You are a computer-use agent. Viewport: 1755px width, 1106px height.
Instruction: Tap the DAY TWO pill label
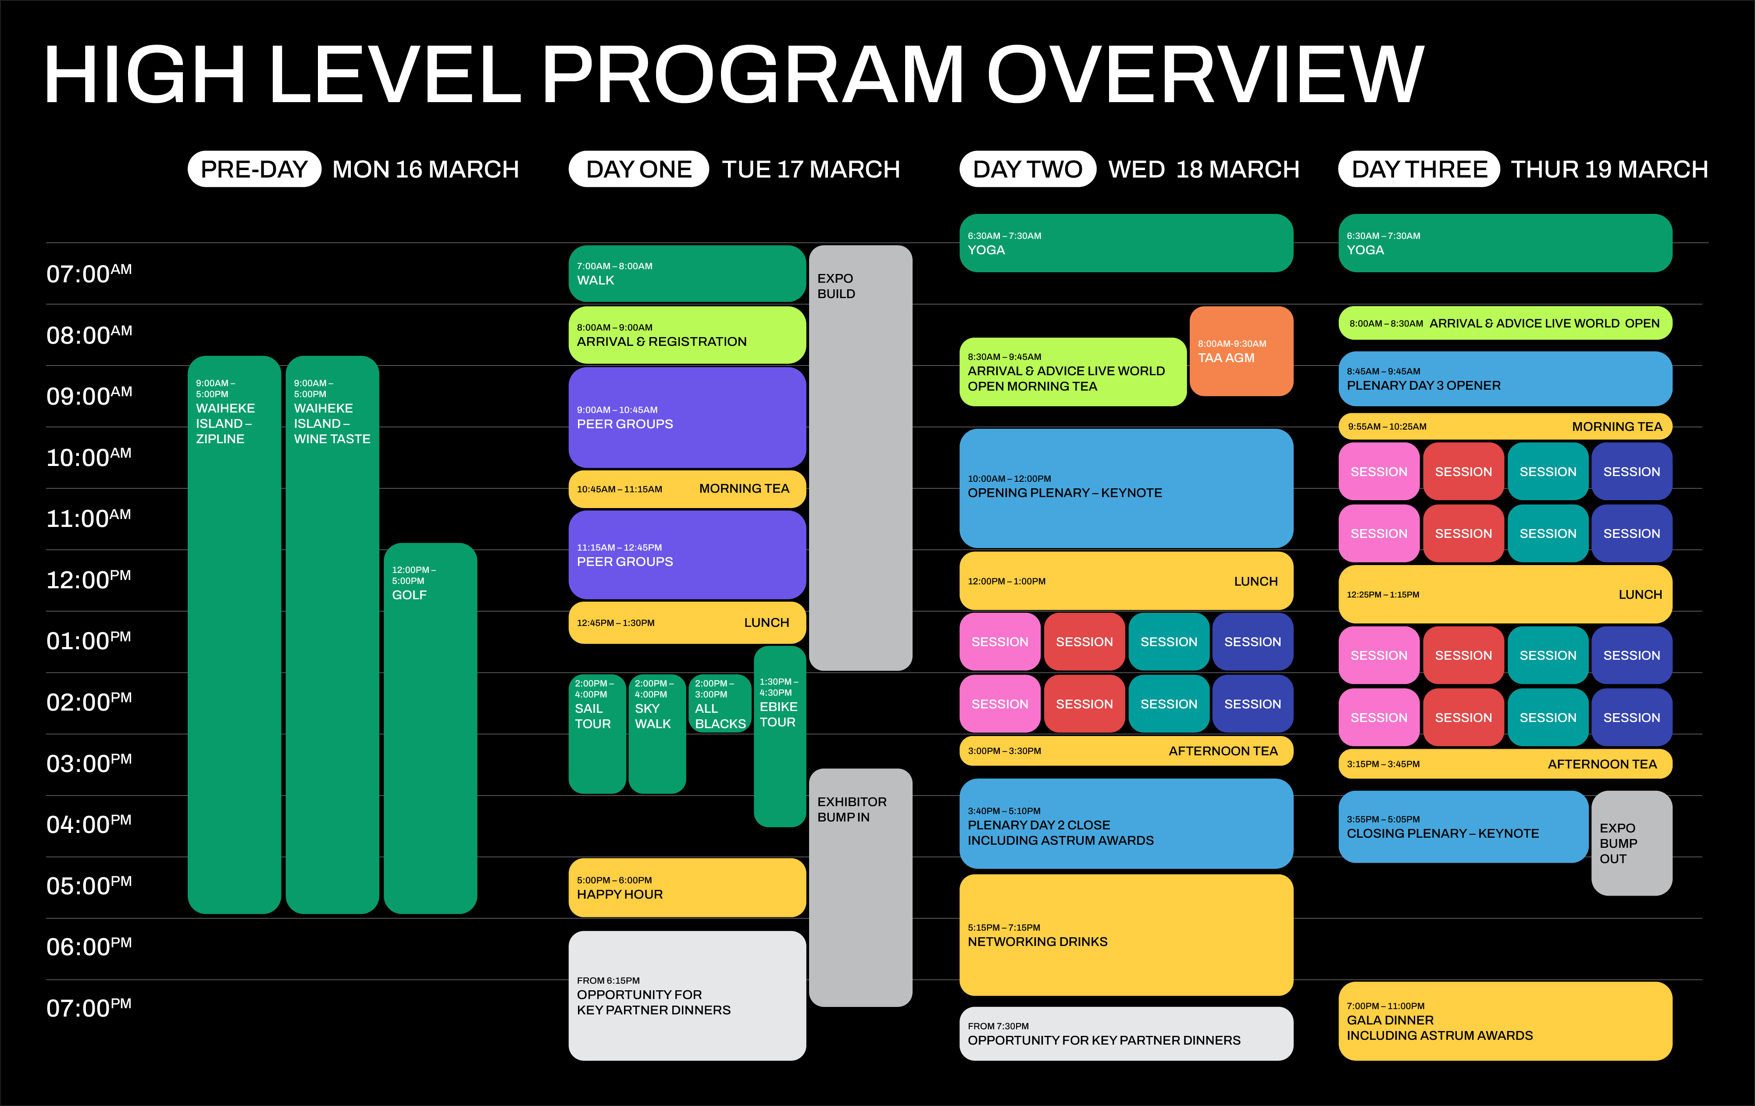coord(1027,169)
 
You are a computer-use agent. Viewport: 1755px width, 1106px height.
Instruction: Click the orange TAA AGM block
coord(1241,351)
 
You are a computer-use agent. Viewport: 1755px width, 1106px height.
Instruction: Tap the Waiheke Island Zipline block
coord(234,634)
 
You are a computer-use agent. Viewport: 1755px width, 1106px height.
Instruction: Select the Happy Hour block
coord(687,887)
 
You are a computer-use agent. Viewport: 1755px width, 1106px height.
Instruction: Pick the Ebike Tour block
coord(779,736)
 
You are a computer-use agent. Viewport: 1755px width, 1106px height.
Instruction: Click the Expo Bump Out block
coord(1631,843)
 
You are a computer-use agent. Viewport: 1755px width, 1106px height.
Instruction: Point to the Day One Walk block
coord(687,273)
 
